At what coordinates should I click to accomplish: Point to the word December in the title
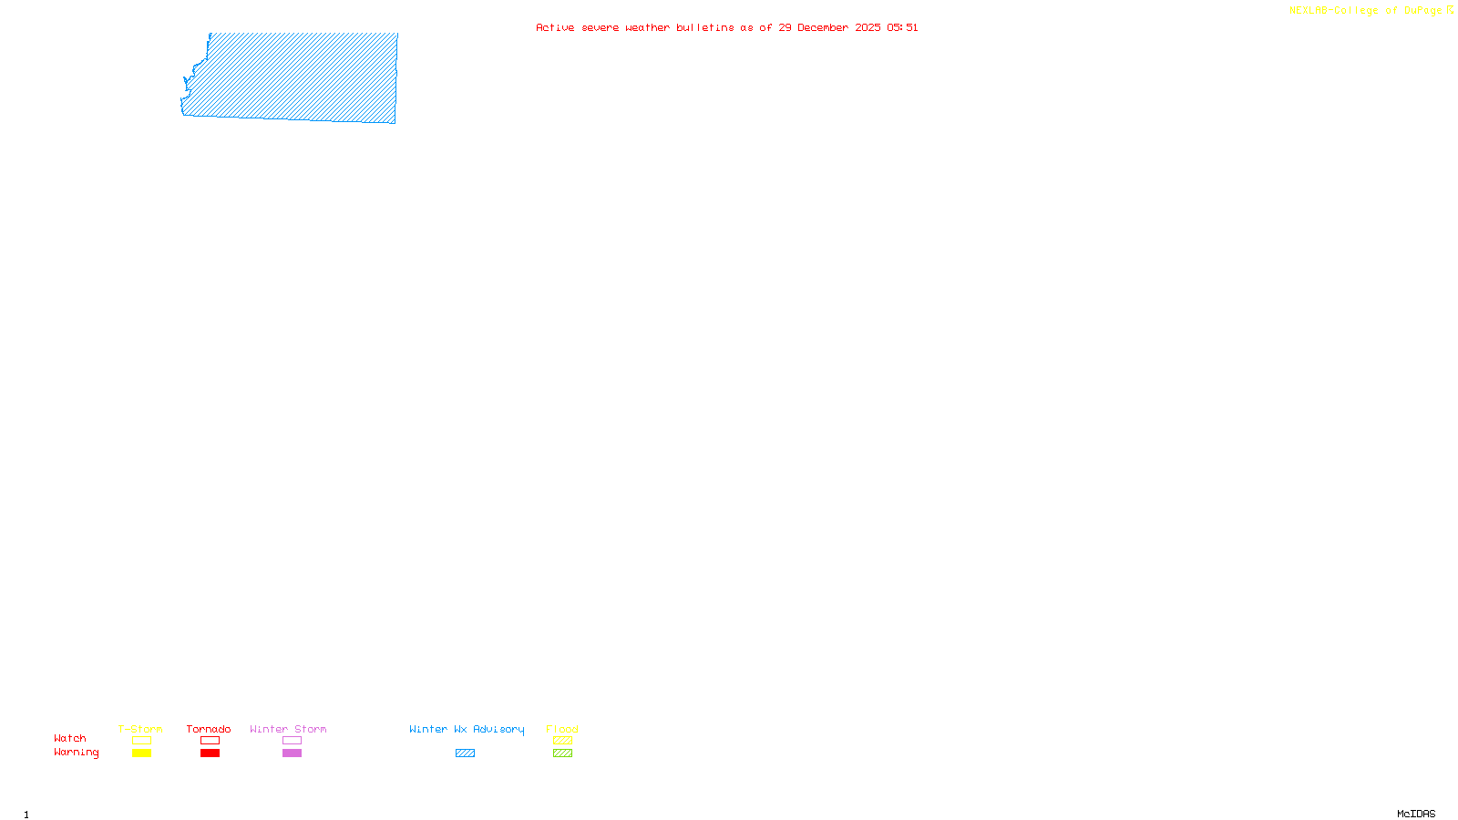(823, 28)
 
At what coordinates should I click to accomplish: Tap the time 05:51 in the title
(902, 28)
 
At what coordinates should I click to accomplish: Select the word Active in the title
(555, 28)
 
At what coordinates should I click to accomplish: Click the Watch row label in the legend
(70, 739)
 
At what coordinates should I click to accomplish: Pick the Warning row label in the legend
(76, 753)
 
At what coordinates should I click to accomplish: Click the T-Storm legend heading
(140, 729)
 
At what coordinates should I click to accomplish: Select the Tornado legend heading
(209, 729)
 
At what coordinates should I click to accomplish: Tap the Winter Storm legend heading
(288, 729)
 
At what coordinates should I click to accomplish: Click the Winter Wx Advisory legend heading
(467, 729)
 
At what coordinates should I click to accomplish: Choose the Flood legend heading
(562, 729)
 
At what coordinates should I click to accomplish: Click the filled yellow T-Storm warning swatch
(141, 753)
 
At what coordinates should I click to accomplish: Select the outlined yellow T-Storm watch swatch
(141, 741)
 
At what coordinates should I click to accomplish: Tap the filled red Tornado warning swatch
(210, 753)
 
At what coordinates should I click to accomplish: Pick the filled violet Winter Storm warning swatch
(292, 753)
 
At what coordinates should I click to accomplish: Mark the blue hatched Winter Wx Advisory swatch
(465, 753)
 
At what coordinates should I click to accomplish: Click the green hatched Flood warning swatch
(562, 753)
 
